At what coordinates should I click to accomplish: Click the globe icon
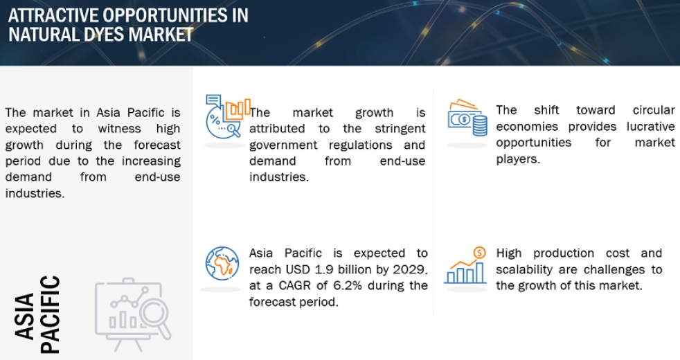[222, 264]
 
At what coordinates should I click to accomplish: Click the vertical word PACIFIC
[50, 314]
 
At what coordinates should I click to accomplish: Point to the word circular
[654, 110]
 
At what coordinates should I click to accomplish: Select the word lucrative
[650, 126]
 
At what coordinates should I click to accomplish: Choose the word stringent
[400, 129]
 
